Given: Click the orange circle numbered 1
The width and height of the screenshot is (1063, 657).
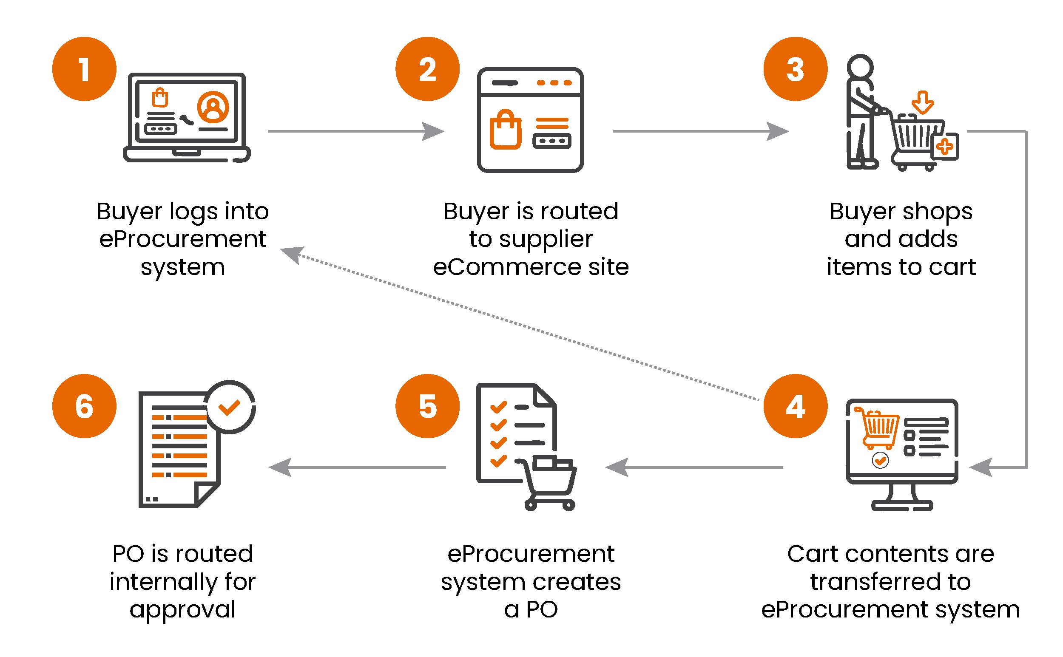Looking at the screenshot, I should tap(84, 69).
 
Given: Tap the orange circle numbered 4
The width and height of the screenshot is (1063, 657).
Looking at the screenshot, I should tap(795, 406).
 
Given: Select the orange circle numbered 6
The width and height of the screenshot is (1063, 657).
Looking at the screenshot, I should tap(84, 406).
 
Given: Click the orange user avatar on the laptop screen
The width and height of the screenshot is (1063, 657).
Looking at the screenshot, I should tap(213, 107).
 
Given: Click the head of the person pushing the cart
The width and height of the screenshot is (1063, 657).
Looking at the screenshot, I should tap(859, 67).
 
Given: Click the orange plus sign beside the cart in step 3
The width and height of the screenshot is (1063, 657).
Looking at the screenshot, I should tap(944, 147).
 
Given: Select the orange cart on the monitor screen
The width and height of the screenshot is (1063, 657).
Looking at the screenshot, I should tap(877, 428).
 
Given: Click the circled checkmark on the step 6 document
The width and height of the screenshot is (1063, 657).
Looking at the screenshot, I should tap(229, 407).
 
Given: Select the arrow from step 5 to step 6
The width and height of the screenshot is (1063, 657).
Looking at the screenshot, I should tap(356, 467).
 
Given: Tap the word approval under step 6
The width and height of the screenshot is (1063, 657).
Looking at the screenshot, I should tap(182, 609).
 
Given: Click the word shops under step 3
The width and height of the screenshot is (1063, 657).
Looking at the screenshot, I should tap(936, 212).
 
